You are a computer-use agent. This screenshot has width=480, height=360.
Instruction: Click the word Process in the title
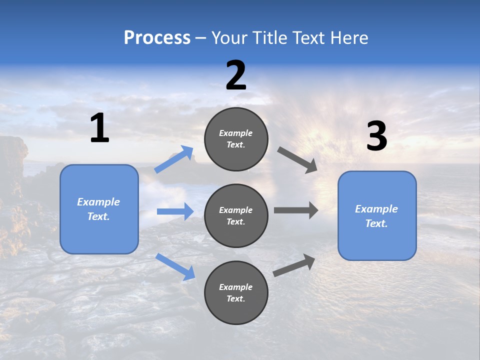click(157, 38)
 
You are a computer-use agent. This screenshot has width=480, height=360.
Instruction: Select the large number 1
click(99, 128)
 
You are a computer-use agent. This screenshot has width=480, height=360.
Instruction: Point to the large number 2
click(236, 75)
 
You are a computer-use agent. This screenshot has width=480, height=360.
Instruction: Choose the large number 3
click(376, 136)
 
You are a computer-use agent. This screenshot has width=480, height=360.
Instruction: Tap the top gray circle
click(236, 139)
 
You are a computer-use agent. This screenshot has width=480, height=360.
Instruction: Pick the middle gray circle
click(236, 215)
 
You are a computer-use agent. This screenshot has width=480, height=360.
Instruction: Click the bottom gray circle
click(236, 292)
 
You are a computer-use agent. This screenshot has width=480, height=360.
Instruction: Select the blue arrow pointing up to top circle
click(174, 159)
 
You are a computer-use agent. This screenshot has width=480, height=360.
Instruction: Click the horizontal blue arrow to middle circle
click(175, 211)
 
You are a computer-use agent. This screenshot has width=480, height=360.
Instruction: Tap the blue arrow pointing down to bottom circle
click(175, 266)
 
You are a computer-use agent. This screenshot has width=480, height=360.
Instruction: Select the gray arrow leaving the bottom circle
click(294, 265)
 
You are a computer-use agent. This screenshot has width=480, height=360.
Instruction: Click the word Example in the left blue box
click(98, 202)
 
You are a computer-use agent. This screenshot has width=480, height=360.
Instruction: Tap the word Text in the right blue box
click(375, 223)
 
